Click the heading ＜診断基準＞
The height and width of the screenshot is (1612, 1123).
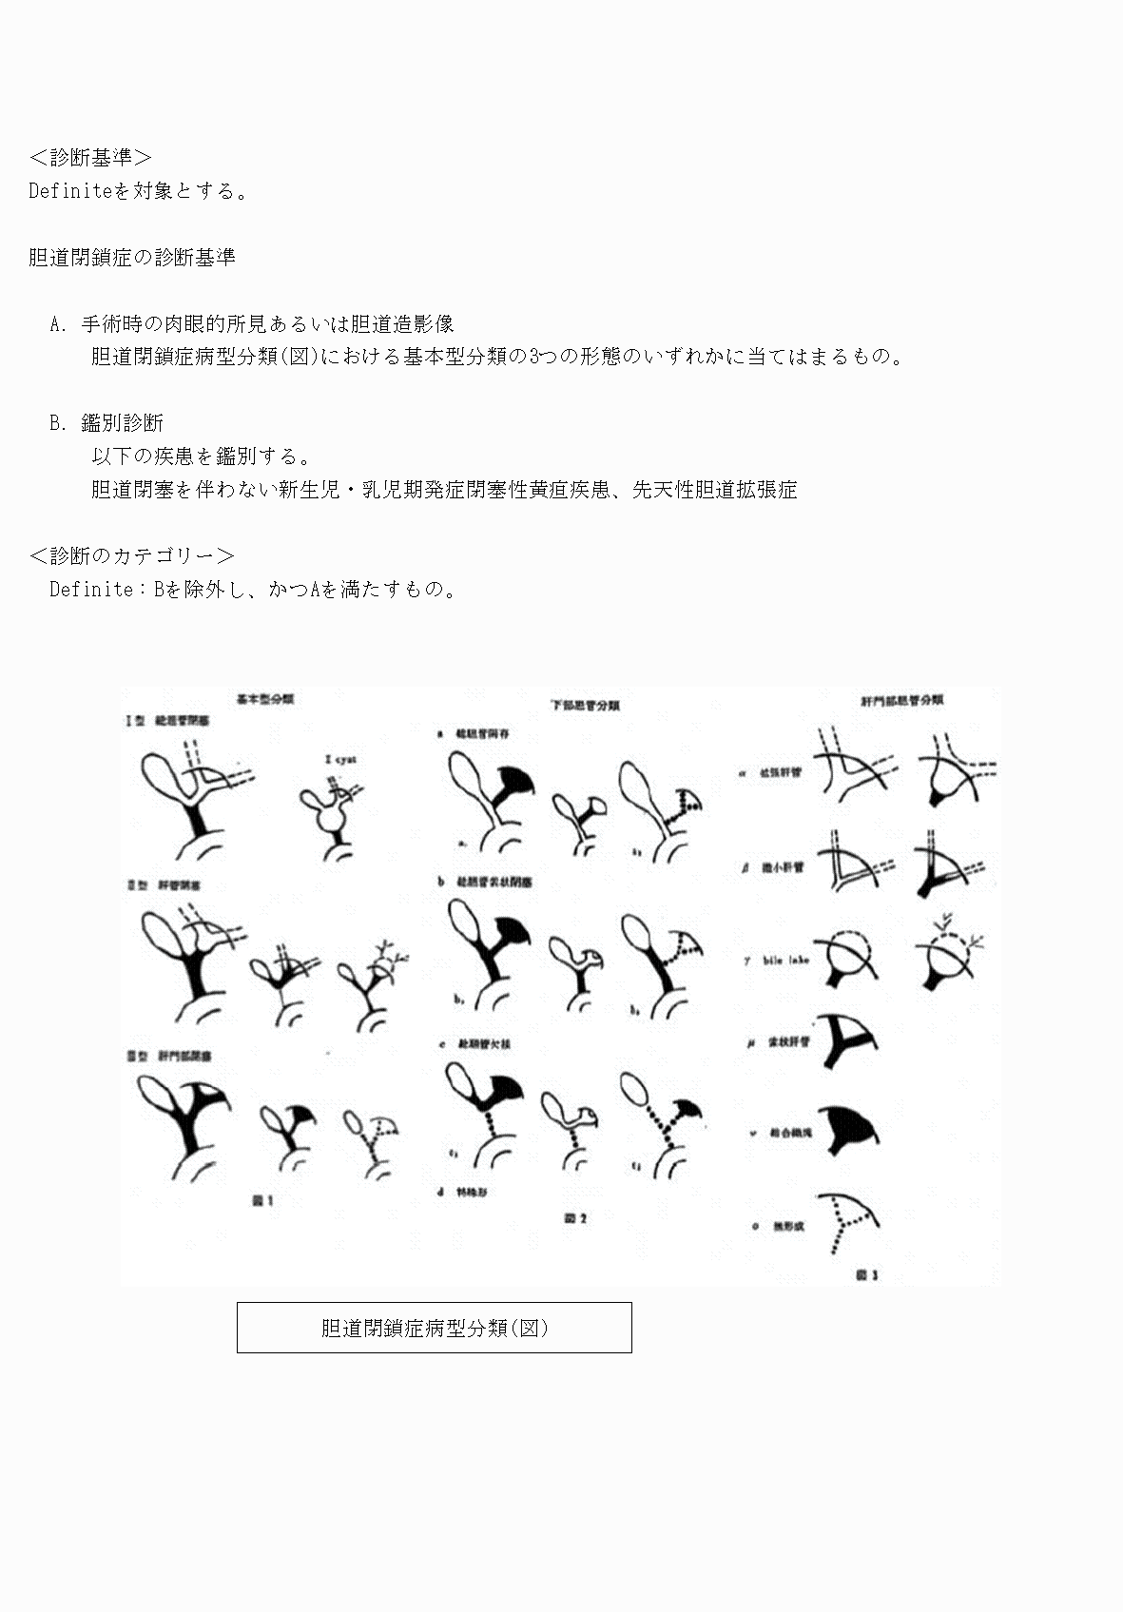pyautogui.click(x=90, y=157)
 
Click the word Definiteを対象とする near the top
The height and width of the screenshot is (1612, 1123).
pyautogui.click(x=139, y=190)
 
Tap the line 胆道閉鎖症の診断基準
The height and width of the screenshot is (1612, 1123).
pyautogui.click(x=132, y=257)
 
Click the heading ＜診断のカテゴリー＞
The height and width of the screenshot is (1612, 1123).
pyautogui.click(x=132, y=555)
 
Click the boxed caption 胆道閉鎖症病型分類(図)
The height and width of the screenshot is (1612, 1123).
pyautogui.click(x=434, y=1328)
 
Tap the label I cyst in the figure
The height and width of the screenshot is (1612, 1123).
pyautogui.click(x=341, y=759)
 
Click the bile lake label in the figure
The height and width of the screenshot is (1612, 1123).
pyautogui.click(x=785, y=961)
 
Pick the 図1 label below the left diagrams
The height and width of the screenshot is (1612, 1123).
pyautogui.click(x=262, y=1201)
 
